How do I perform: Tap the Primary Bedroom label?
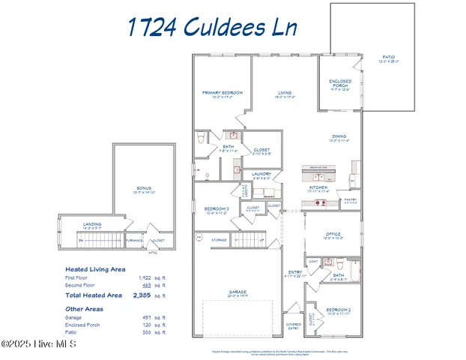click(223, 93)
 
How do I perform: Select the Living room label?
click(284, 93)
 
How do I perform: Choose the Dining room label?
click(339, 136)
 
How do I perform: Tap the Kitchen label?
click(318, 187)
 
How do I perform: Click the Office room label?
click(333, 235)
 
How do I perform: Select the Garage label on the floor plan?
click(237, 292)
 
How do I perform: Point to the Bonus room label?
click(143, 188)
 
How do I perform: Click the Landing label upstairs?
click(92, 223)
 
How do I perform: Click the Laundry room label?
click(261, 174)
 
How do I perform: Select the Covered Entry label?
click(293, 326)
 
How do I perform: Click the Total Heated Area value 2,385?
click(142, 295)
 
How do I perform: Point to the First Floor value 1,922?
click(145, 277)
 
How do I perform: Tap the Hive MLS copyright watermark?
click(38, 344)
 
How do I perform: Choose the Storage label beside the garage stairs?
click(219, 240)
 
